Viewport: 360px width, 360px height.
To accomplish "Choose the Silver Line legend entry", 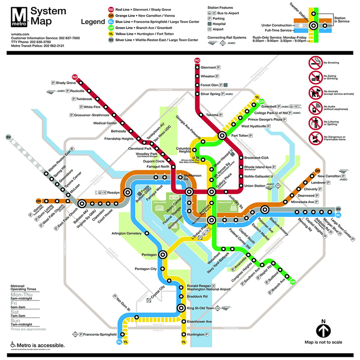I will (x=153, y=40).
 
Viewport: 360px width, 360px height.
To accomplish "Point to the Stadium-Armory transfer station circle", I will (x=265, y=209).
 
